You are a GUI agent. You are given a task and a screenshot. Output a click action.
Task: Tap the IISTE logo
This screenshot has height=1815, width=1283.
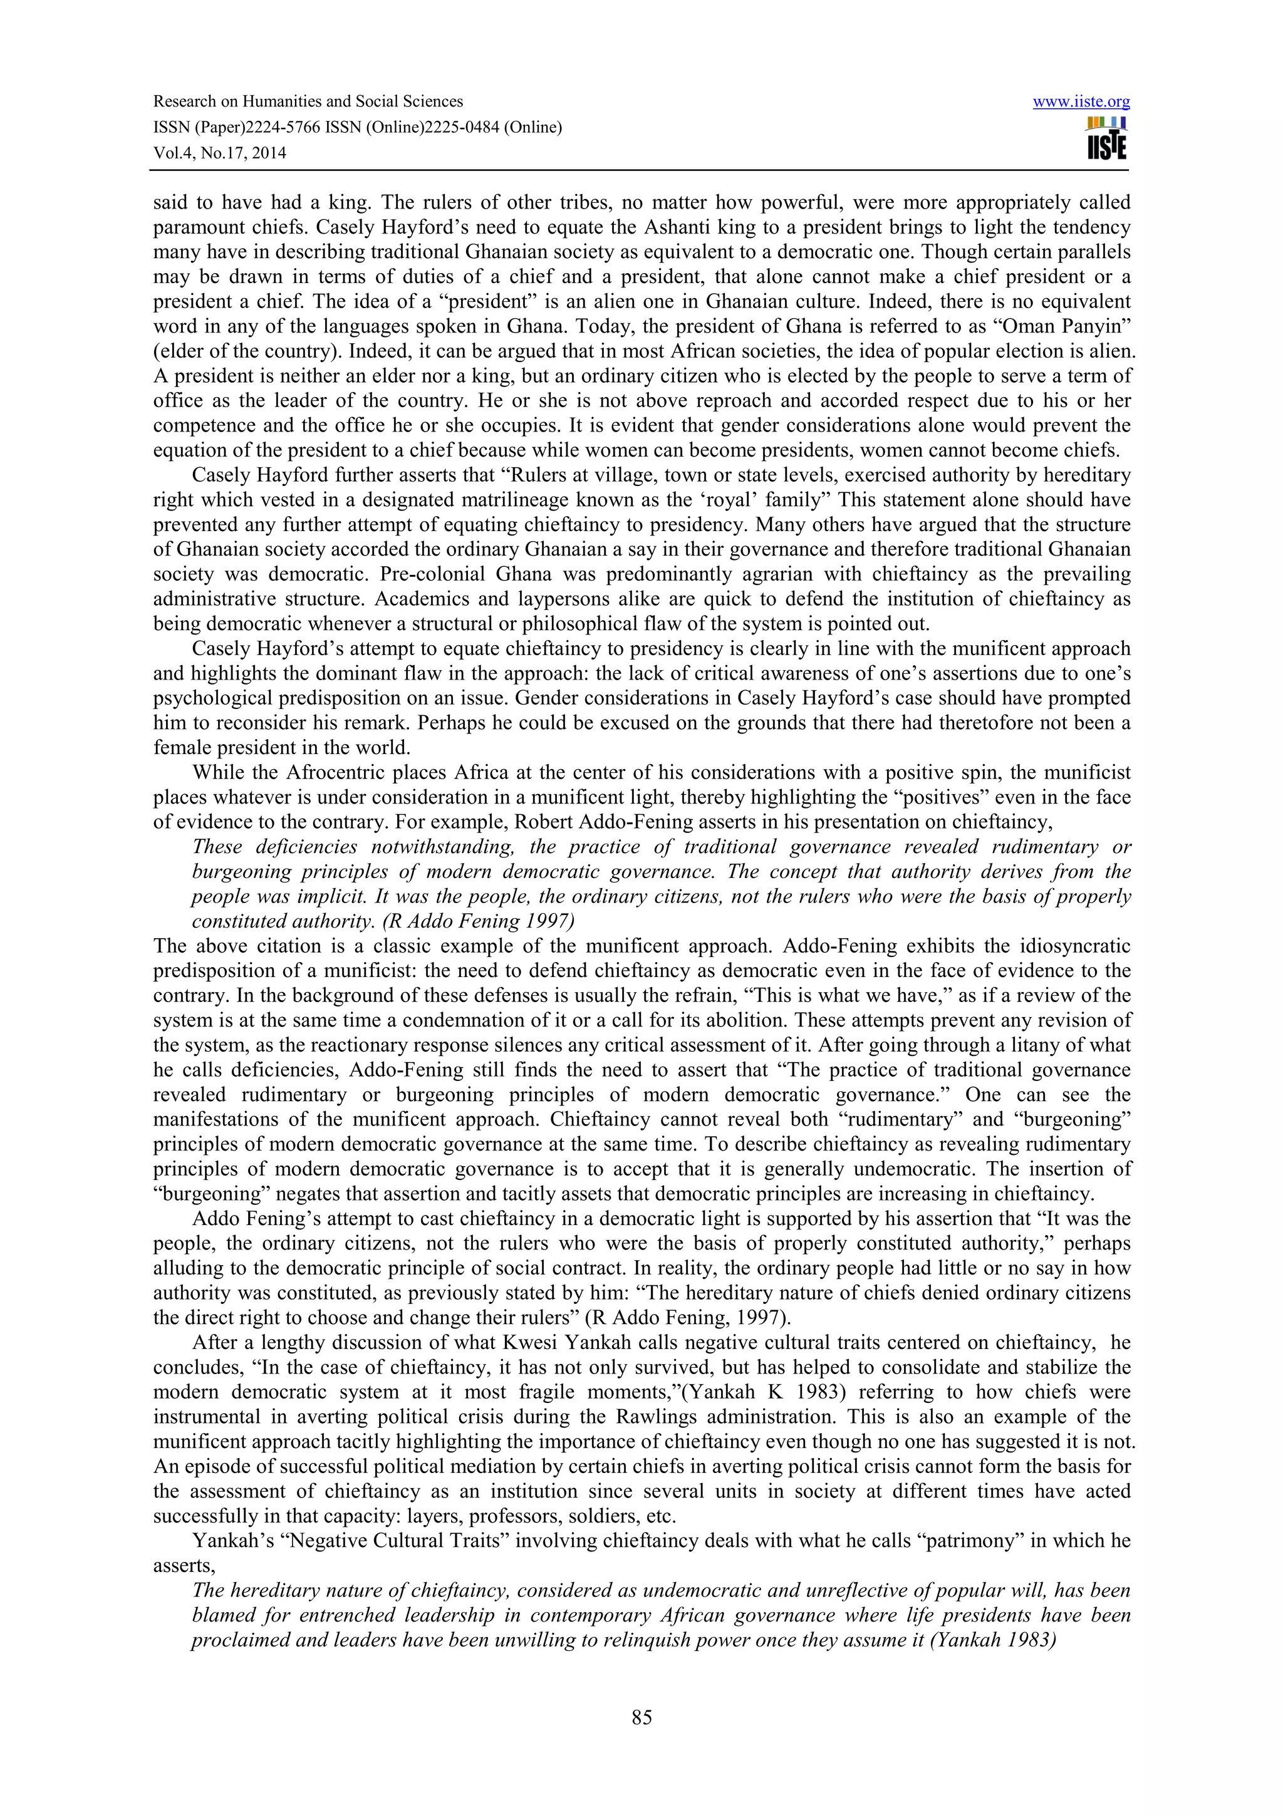(1107, 138)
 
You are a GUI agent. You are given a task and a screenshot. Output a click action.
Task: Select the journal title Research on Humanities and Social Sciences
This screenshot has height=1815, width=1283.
(308, 101)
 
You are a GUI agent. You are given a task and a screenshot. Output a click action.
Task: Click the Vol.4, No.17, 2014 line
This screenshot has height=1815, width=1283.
(219, 153)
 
